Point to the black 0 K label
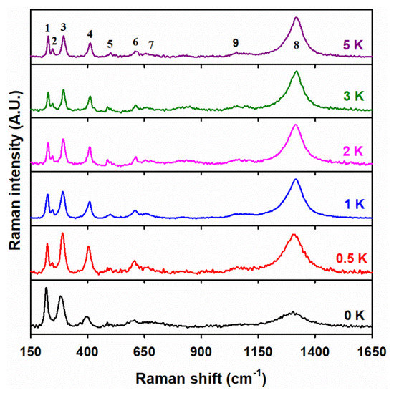(352, 314)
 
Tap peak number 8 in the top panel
(297, 45)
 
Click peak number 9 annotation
(236, 43)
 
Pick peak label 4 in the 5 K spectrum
(90, 34)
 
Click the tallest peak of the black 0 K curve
(46, 288)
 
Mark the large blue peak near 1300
(295, 180)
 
